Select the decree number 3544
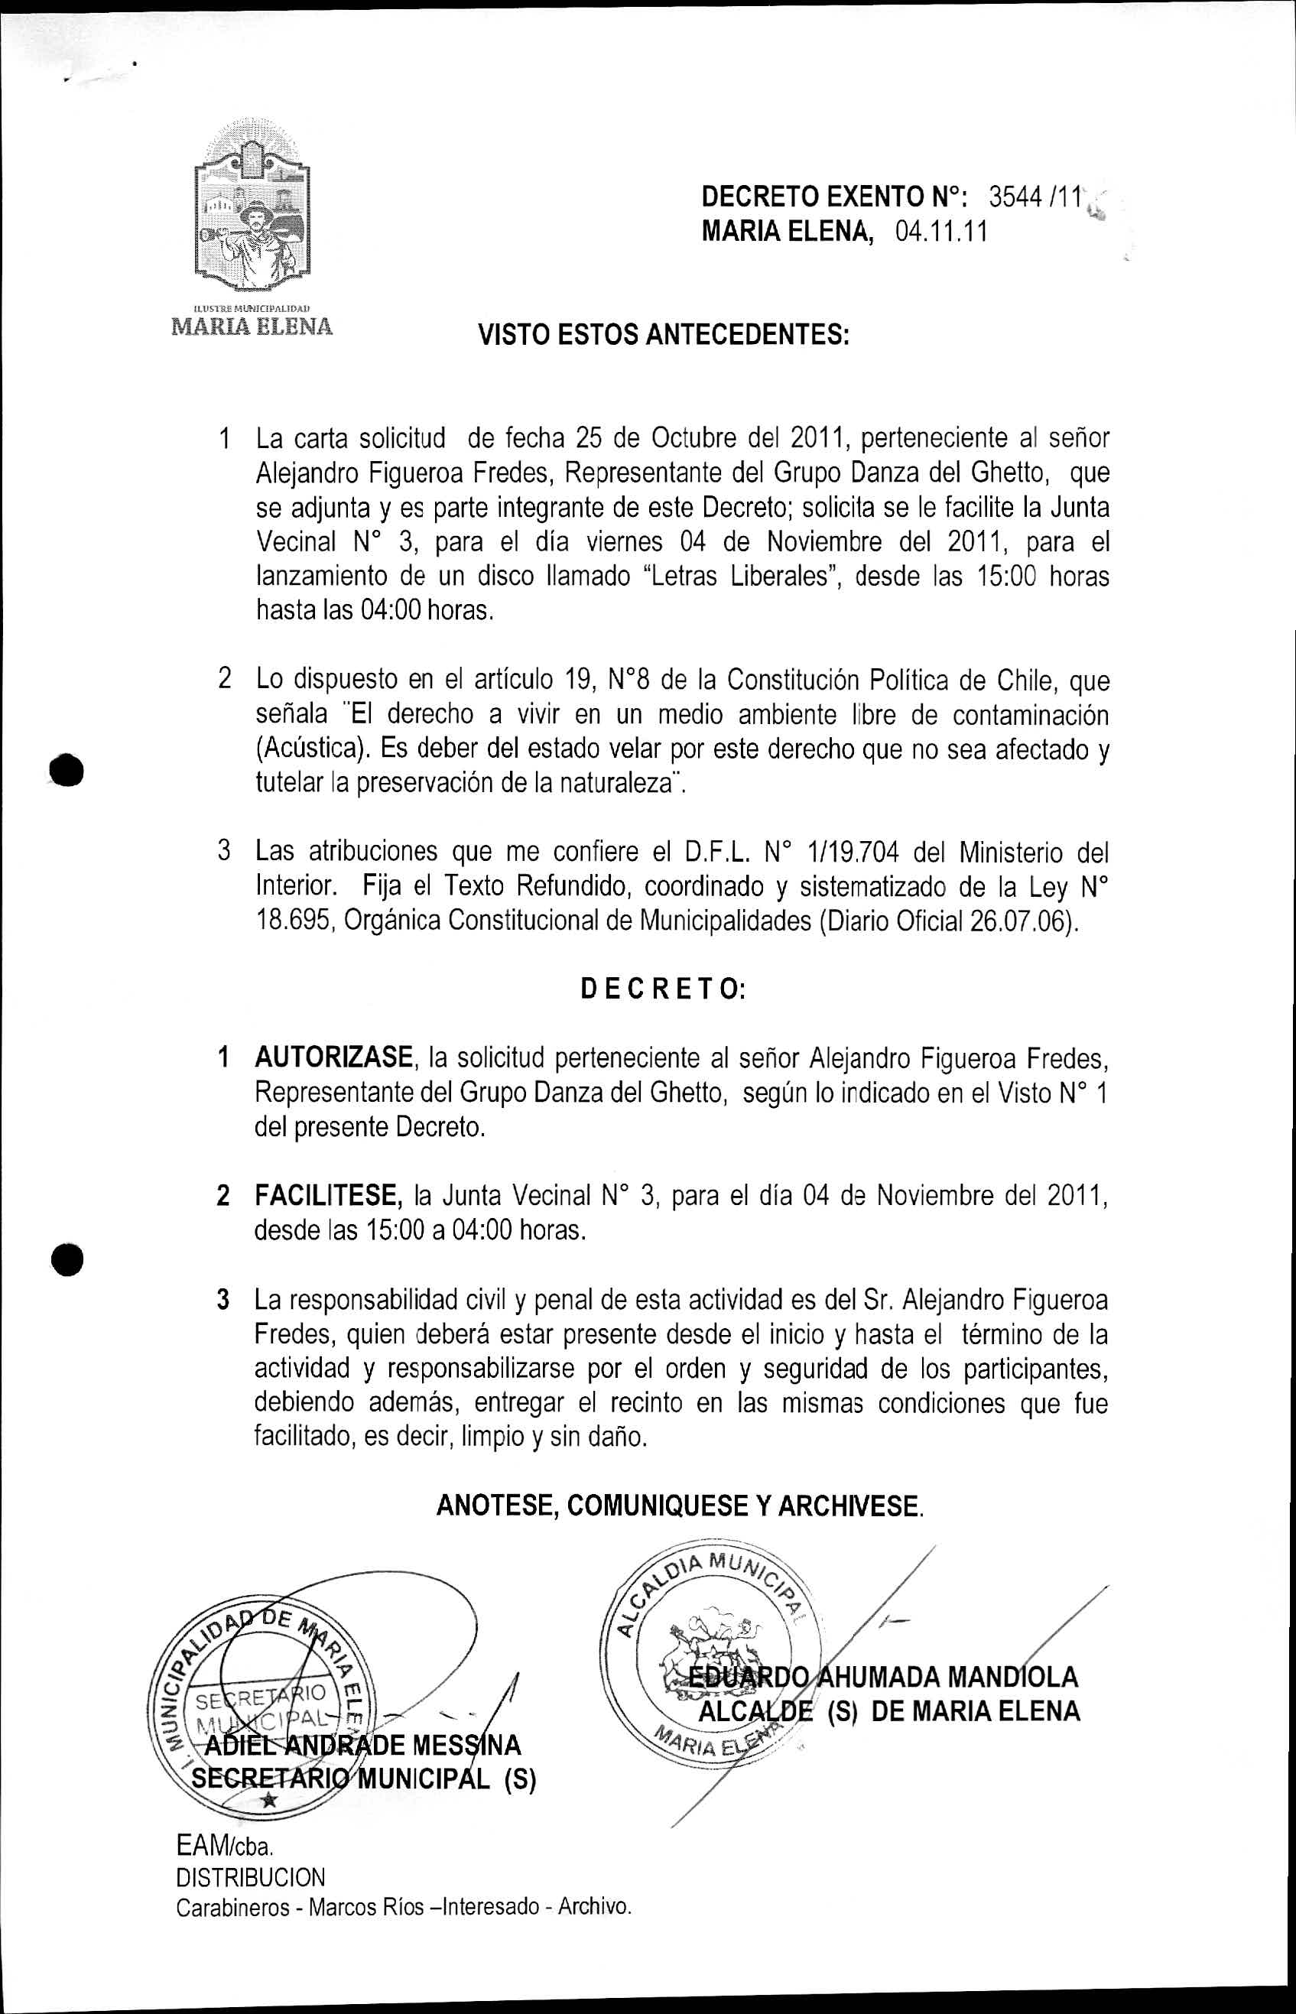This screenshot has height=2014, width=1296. coord(1013,197)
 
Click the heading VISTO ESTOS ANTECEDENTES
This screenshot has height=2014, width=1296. coord(664,336)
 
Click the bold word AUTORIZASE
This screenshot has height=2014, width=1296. coord(333,1056)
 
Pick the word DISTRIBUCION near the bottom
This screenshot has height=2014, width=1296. coord(251,1877)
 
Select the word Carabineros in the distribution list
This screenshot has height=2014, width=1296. coord(232,1906)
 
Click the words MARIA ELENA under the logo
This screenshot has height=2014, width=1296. coord(252,326)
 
